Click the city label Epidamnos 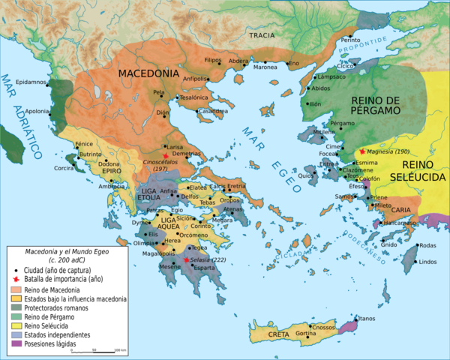click(x=29, y=81)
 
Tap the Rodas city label click(x=427, y=246)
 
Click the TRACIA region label click(x=262, y=35)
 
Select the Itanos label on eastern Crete click(x=367, y=319)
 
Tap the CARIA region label click(x=401, y=210)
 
